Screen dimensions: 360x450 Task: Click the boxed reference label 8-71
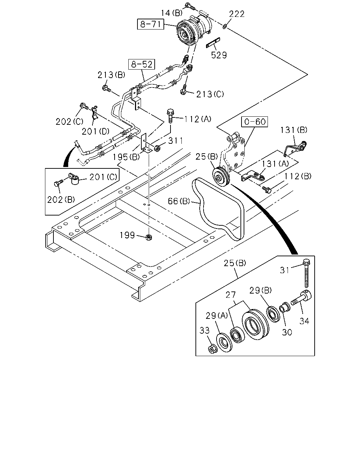(x=150, y=24)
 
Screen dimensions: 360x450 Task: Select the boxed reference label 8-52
(x=142, y=64)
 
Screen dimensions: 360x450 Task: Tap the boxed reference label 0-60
(x=255, y=122)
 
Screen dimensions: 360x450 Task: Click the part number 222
(x=237, y=14)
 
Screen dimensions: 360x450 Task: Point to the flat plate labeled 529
(x=213, y=43)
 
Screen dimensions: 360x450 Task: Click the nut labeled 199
(x=148, y=237)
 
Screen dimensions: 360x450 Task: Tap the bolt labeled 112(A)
(x=170, y=116)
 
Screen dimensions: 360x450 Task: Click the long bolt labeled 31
(x=307, y=273)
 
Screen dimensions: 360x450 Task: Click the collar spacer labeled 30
(x=284, y=307)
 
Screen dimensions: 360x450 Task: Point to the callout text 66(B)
(x=179, y=201)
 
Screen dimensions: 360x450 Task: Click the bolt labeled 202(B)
(x=58, y=183)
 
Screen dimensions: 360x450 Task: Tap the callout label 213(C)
(x=210, y=94)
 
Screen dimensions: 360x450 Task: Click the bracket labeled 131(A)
(x=253, y=176)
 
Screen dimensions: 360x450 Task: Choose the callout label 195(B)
(x=126, y=157)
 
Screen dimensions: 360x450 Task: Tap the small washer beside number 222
(x=224, y=27)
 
